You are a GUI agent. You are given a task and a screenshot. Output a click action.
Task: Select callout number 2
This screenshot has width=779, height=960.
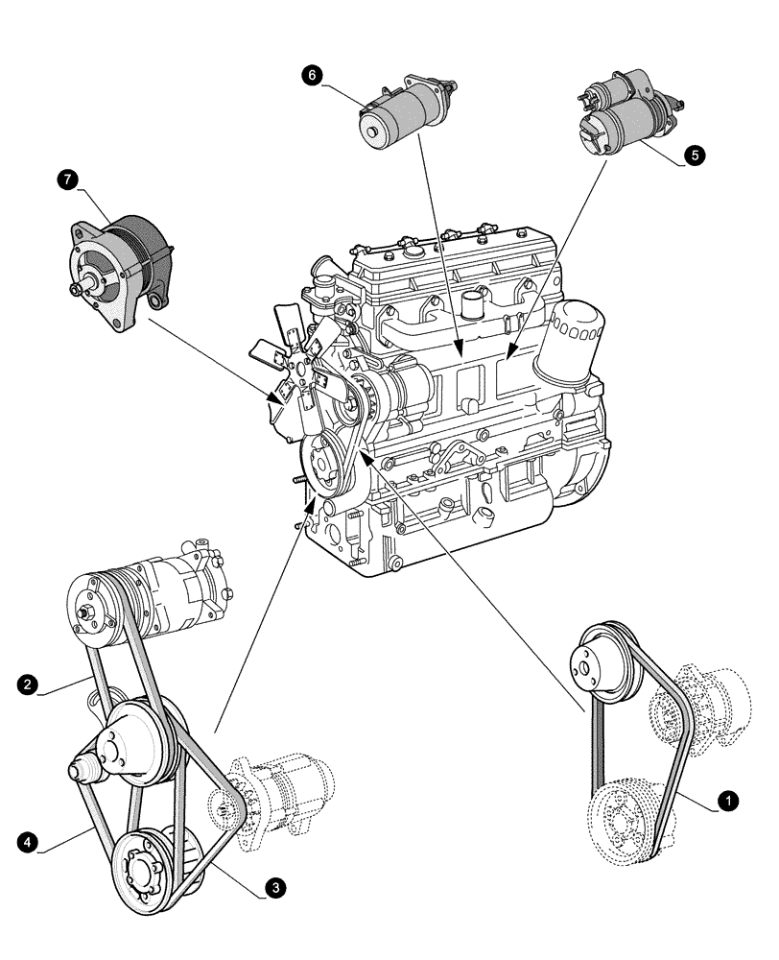[x=29, y=684]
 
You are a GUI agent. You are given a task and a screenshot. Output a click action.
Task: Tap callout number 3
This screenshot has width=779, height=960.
[x=275, y=889]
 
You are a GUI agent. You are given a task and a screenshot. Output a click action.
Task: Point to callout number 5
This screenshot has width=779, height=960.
[x=693, y=154]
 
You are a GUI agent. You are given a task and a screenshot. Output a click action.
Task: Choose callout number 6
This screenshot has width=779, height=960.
[x=312, y=75]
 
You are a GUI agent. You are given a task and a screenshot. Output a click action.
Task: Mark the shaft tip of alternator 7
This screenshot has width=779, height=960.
[x=72, y=288]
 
